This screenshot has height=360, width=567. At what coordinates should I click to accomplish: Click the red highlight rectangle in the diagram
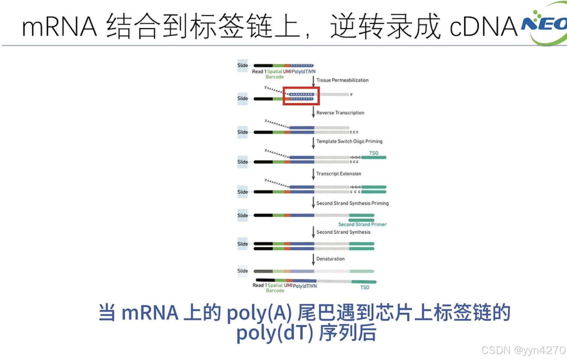point(301,96)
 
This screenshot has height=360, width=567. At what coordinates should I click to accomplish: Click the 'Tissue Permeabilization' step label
point(342,80)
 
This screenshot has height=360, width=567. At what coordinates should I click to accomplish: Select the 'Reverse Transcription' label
point(340,113)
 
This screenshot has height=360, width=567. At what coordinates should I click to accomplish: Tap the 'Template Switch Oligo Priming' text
point(349,141)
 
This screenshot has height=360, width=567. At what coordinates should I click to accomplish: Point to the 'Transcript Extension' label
point(338,174)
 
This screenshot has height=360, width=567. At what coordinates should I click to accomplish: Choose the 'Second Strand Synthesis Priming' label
point(352,203)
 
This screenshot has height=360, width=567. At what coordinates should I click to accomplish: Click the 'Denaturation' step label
point(330,259)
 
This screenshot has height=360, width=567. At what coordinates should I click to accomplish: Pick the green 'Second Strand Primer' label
point(362,224)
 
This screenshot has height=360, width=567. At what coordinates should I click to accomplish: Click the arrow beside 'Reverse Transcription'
point(313,112)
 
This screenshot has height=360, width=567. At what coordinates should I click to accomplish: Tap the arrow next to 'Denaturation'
point(313,259)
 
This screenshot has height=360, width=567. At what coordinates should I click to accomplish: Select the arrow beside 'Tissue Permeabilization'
point(313,81)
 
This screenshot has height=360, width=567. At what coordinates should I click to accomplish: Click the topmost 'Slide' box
point(243,65)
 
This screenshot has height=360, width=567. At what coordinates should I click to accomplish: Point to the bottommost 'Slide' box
point(243,271)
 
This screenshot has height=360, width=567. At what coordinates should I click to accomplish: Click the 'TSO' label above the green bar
point(374,153)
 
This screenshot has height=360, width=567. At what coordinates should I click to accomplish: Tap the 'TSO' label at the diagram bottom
point(365,287)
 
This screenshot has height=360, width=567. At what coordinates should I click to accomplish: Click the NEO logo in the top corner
point(544,24)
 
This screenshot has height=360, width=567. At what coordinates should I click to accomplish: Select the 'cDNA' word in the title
point(483,27)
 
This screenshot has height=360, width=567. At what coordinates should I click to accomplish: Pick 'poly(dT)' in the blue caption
point(274,333)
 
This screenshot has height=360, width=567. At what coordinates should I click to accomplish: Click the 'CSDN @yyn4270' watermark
point(523,350)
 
